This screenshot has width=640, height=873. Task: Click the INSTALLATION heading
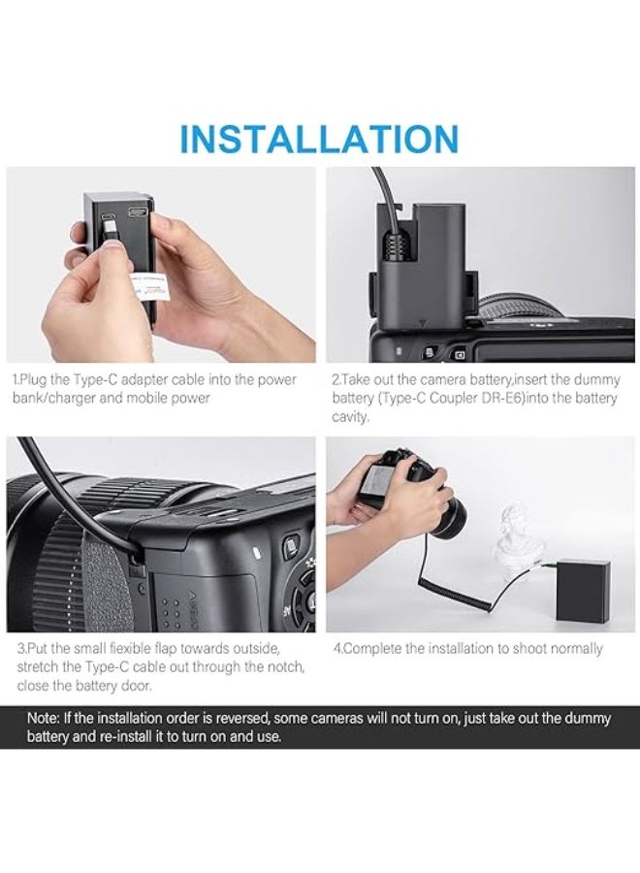[319, 138]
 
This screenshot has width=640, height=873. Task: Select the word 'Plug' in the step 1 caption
[35, 380]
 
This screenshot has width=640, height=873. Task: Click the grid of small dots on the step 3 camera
[170, 608]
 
